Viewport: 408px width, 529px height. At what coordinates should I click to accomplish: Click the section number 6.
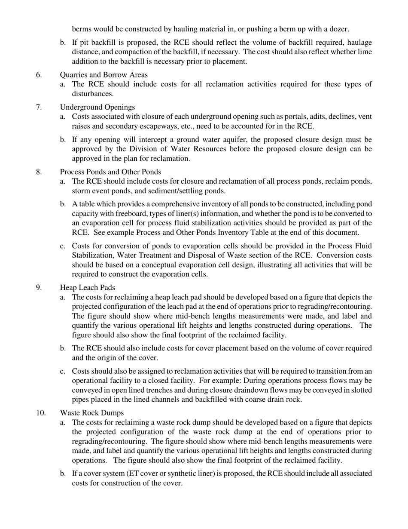[39, 75]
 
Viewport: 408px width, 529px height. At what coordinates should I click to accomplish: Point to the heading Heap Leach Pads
[87, 287]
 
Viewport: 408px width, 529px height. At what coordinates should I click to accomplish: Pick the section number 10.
[41, 413]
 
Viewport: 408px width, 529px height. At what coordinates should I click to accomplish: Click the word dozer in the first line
[339, 29]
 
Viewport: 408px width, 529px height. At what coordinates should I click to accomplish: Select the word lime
[364, 52]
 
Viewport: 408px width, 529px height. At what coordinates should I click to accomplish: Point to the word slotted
[362, 390]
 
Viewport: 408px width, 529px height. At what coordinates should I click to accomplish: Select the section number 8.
[39, 172]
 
